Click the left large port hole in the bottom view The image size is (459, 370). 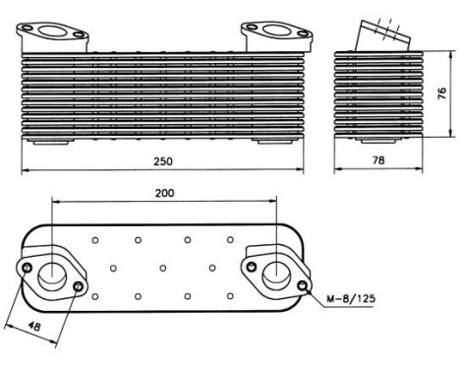coord(52,273)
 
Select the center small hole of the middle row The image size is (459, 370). coord(162,267)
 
